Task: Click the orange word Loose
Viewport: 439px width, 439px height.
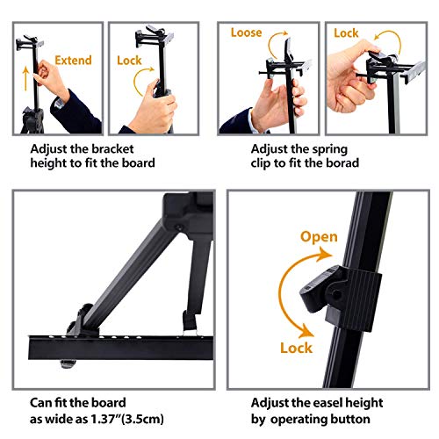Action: pyautogui.click(x=247, y=32)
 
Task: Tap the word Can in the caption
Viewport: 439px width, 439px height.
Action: pyautogui.click(x=43, y=402)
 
